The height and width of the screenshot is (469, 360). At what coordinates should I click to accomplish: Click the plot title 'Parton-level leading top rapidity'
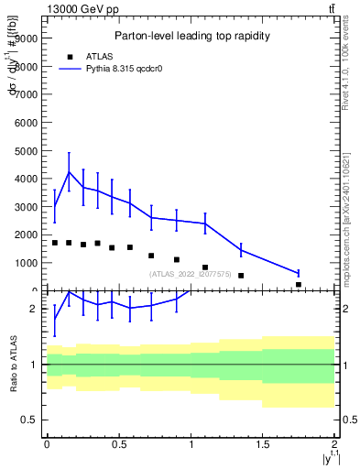(191, 36)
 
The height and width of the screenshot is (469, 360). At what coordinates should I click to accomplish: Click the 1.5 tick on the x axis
(263, 444)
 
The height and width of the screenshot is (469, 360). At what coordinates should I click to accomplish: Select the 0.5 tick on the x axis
(118, 444)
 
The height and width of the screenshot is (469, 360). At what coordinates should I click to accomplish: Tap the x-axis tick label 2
(335, 444)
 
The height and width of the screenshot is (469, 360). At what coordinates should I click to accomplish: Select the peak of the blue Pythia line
(69, 172)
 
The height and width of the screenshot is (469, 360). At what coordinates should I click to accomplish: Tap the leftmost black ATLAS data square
(55, 243)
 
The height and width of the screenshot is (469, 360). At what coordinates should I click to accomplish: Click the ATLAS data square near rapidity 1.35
(241, 275)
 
